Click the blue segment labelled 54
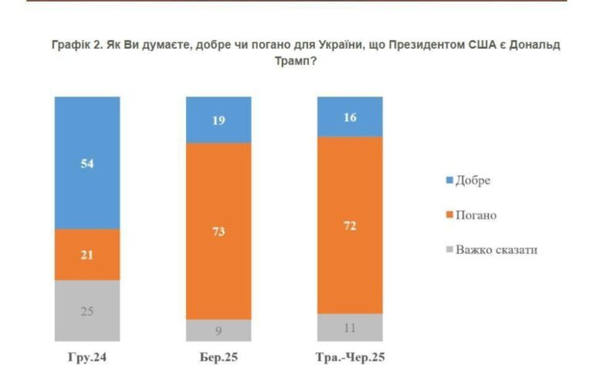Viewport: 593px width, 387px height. click(87, 162)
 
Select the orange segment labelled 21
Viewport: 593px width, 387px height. click(87, 254)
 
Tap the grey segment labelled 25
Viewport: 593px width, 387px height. click(87, 311)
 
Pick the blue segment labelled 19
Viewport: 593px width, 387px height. click(219, 120)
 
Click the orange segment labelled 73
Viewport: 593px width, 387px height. click(219, 231)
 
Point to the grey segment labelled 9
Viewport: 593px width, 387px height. click(219, 330)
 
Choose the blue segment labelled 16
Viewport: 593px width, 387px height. click(350, 116)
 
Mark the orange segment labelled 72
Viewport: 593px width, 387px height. click(350, 225)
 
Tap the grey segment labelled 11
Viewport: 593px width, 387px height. click(350, 328)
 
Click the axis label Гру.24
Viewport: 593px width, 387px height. click(87, 358)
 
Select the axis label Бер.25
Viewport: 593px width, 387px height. click(219, 358)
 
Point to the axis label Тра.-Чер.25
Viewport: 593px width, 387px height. click(350, 358)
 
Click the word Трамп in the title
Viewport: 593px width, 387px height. click(296, 62)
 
